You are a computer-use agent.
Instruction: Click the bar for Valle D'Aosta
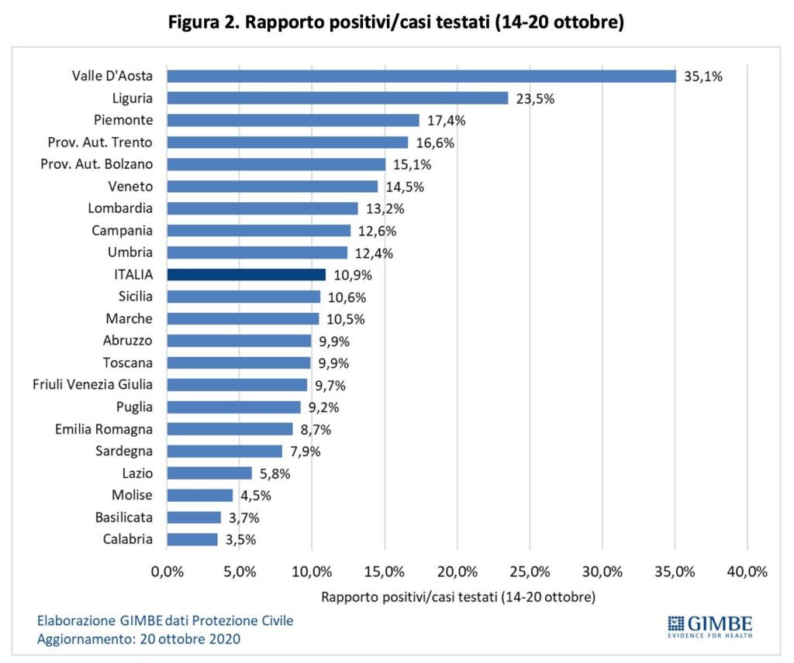tap(421, 76)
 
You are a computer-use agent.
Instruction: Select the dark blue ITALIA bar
tap(247, 275)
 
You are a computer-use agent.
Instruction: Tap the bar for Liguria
tap(337, 98)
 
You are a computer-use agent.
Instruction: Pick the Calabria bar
tap(192, 540)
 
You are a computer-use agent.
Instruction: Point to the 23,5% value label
tap(535, 99)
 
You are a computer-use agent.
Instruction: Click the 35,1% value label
tap(703, 77)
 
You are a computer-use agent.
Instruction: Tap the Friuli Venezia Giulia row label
tap(93, 385)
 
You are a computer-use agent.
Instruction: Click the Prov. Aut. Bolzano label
tap(97, 164)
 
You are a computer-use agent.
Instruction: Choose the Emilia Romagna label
tap(104, 429)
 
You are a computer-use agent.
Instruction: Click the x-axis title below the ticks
tap(457, 597)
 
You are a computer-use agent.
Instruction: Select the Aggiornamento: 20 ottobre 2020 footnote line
tap(139, 639)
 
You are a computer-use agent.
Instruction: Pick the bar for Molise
tap(200, 496)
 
